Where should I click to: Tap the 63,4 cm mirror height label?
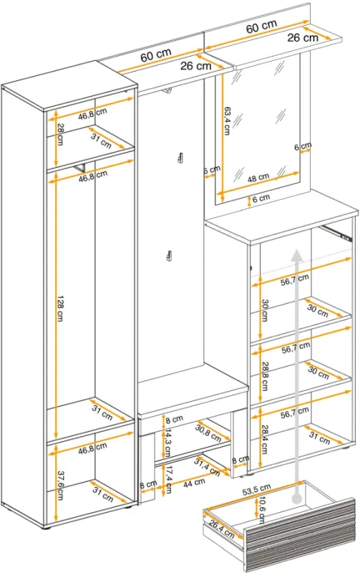(x=227, y=120)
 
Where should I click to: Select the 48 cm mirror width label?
(x=258, y=178)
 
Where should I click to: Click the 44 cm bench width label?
(x=194, y=483)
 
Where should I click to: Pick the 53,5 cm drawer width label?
(x=257, y=490)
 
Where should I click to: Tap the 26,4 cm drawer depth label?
(x=222, y=529)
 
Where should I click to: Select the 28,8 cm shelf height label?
(x=265, y=377)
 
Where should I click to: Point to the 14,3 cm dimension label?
(x=167, y=443)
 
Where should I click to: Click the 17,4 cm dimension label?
(x=167, y=480)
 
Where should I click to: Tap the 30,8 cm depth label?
(x=208, y=433)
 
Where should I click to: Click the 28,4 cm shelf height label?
(x=265, y=439)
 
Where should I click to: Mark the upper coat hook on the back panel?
(x=180, y=156)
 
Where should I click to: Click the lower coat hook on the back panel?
(x=169, y=256)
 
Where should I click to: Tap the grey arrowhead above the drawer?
(x=297, y=255)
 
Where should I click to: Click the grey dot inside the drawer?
(x=298, y=499)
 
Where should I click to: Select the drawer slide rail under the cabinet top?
(x=336, y=233)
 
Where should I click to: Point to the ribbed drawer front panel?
(x=300, y=534)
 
